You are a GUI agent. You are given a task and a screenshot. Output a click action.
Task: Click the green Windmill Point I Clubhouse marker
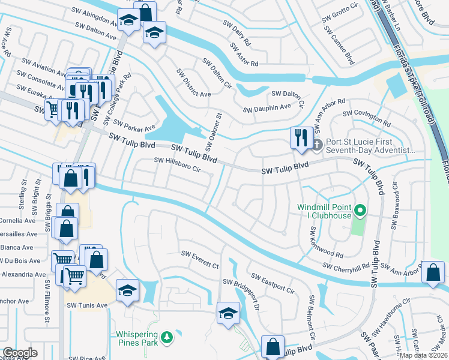[360, 211]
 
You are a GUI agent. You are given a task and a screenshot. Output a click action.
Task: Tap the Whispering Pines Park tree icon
[170, 337]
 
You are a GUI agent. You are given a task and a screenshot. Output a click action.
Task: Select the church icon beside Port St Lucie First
[318, 145]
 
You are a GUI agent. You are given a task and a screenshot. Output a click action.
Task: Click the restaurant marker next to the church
[300, 137]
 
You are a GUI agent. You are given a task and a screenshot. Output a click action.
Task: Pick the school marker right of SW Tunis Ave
[127, 290]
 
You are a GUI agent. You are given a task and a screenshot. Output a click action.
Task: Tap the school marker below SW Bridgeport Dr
[228, 313]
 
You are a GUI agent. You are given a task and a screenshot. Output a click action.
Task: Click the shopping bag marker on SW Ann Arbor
[433, 272]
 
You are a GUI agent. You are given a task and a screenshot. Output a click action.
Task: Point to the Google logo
[20, 353]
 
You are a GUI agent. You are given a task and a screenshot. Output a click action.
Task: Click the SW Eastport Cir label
[273, 284]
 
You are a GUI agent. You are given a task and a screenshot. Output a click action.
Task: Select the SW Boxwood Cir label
[395, 206]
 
